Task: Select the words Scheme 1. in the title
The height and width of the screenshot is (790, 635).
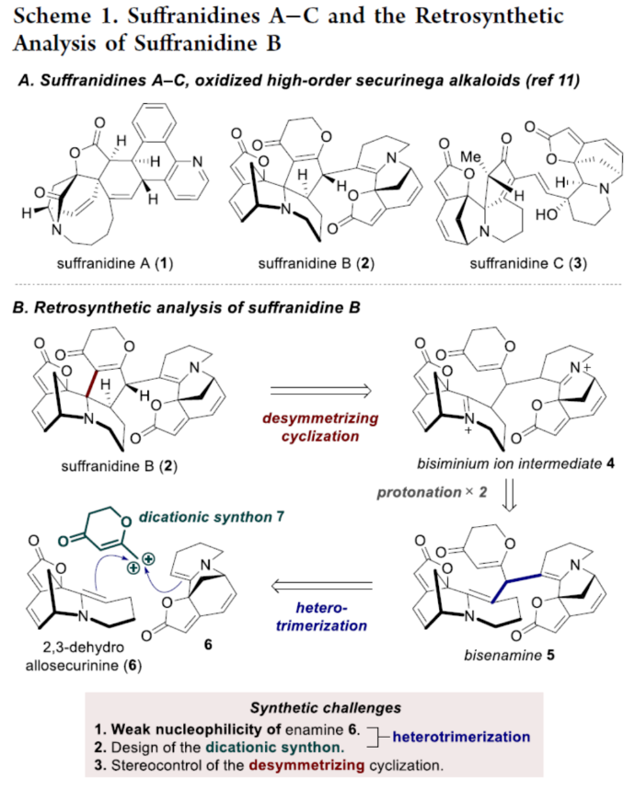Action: tap(64, 17)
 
